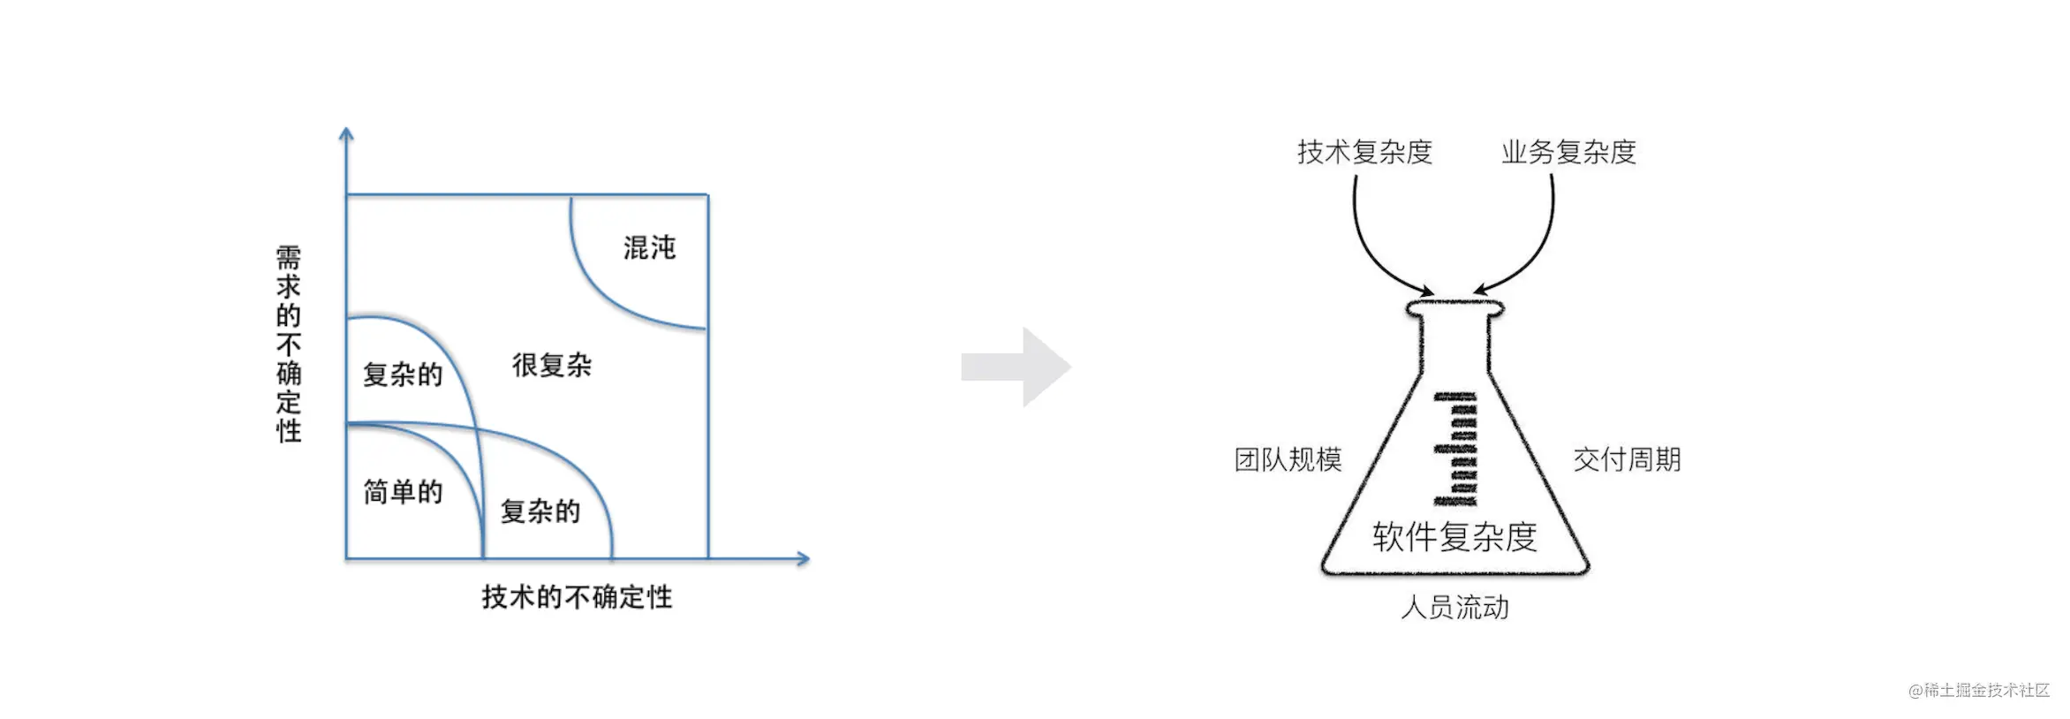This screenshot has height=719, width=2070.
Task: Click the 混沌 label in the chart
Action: tap(649, 247)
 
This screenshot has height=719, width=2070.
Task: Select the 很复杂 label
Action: tap(552, 365)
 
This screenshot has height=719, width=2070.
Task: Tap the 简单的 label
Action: tap(403, 492)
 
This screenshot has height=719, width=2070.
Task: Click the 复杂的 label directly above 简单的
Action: tap(403, 375)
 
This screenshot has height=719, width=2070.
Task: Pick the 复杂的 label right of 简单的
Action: tap(540, 511)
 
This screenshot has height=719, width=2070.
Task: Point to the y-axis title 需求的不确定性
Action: tap(289, 344)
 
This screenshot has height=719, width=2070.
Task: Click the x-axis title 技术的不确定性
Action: tap(577, 597)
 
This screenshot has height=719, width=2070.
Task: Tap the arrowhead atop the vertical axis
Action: tap(346, 133)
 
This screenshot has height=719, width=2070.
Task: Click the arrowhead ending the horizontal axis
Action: tap(803, 558)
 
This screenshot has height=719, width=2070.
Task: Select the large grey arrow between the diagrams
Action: tap(1016, 367)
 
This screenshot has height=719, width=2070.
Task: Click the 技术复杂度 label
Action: tap(1364, 152)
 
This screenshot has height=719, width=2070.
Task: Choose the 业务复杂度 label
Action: tap(1568, 152)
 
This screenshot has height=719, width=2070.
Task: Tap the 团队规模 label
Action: tap(1288, 459)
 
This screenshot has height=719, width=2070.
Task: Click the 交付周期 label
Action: tap(1627, 459)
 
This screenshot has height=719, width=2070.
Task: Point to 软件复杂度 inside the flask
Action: tap(1454, 537)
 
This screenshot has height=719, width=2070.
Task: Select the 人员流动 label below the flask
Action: tap(1454, 608)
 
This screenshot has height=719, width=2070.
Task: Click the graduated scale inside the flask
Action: tap(1455, 449)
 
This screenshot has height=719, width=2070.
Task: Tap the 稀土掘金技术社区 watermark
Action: tap(1979, 690)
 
